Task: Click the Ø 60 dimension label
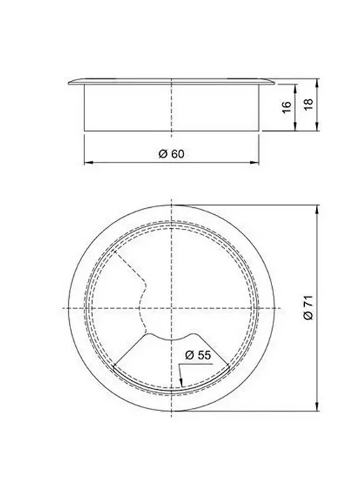coord(172,153)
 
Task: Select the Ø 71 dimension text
coord(308,308)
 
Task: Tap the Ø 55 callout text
coord(198,355)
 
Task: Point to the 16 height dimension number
coord(286,107)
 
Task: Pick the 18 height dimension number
coord(308,105)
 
